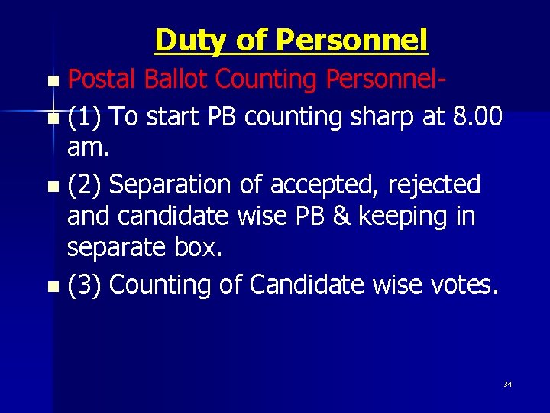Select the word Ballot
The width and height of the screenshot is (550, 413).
point(175,79)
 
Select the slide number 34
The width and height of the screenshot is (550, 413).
point(507,384)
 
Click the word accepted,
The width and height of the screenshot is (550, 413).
point(328,186)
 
